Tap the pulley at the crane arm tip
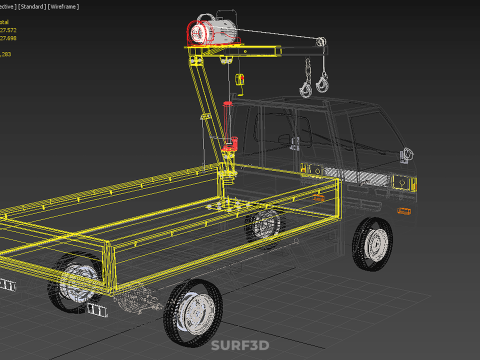click(x=320, y=43)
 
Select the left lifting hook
click(x=305, y=88)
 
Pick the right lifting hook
click(x=324, y=83)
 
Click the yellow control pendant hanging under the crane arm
click(x=240, y=79)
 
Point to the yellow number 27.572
click(x=13, y=30)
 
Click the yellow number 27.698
click(x=13, y=39)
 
